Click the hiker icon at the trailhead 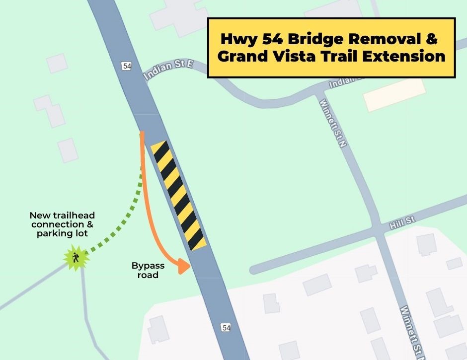coord(76,258)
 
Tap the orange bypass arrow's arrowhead coord(185,266)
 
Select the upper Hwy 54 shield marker coord(126,66)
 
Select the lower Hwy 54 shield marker coord(226,327)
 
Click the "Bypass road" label coord(148,270)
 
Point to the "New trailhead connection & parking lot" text coord(62,224)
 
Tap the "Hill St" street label coord(402,222)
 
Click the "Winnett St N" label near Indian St coord(332,124)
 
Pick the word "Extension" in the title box coord(404,56)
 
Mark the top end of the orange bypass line coord(142,134)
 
